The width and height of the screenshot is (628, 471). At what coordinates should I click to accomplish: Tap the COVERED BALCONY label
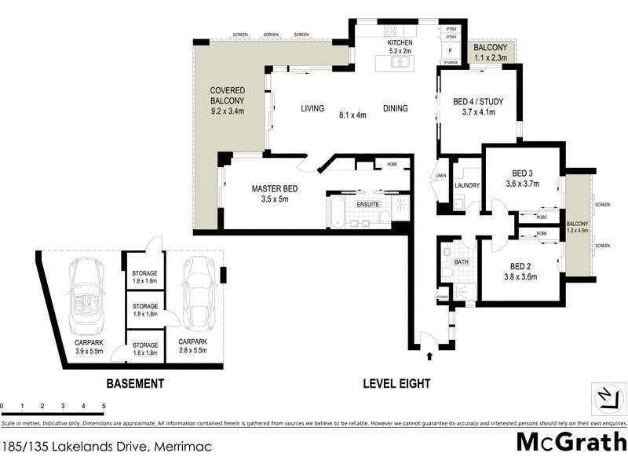(228, 100)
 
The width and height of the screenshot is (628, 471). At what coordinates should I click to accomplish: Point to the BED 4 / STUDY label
(478, 101)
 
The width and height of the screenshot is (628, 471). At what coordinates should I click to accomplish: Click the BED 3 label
(523, 173)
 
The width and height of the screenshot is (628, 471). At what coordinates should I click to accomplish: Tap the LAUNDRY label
(467, 185)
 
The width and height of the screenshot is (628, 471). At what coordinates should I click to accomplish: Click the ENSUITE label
(368, 204)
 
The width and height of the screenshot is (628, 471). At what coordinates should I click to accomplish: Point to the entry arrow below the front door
(429, 356)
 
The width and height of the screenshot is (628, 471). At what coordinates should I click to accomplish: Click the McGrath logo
(571, 441)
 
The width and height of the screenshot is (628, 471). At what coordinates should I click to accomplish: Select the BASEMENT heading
(135, 384)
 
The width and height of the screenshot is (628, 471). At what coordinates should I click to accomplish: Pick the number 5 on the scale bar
(104, 406)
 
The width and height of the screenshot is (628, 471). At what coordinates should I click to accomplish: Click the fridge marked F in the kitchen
(450, 48)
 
